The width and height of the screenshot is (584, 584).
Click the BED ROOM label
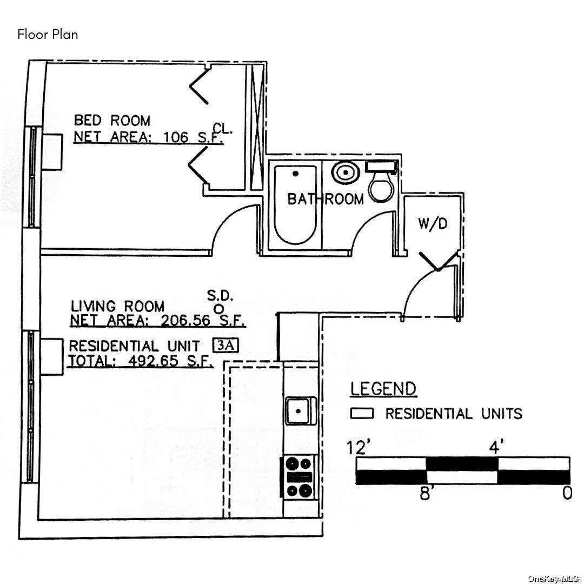[112, 121]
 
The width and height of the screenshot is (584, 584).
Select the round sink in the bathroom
[346, 172]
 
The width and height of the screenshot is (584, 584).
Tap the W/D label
[432, 224]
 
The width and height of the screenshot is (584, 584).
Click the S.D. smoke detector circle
[220, 308]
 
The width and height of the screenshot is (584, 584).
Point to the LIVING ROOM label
[118, 306]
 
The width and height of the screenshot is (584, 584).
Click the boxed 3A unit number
[225, 346]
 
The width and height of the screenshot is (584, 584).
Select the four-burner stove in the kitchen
[298, 477]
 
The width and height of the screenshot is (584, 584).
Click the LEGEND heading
[383, 389]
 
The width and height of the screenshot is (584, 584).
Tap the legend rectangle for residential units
[362, 414]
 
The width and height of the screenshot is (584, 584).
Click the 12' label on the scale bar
[357, 447]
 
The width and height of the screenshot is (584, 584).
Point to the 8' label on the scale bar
[426, 494]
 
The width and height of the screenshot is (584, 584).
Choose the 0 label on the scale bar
[567, 493]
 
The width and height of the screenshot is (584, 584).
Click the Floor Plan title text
[48, 35]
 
